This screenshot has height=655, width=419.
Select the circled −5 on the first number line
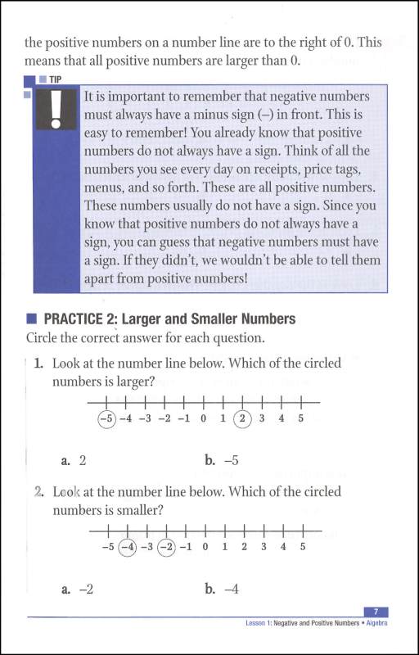(x=106, y=418)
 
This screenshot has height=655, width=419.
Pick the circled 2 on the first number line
(x=242, y=418)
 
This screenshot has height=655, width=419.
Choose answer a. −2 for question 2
(x=76, y=588)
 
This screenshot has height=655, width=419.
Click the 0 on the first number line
(x=204, y=418)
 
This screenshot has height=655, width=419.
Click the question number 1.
(x=39, y=364)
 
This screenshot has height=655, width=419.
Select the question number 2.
(x=39, y=493)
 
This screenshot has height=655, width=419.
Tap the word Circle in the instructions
(x=45, y=337)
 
